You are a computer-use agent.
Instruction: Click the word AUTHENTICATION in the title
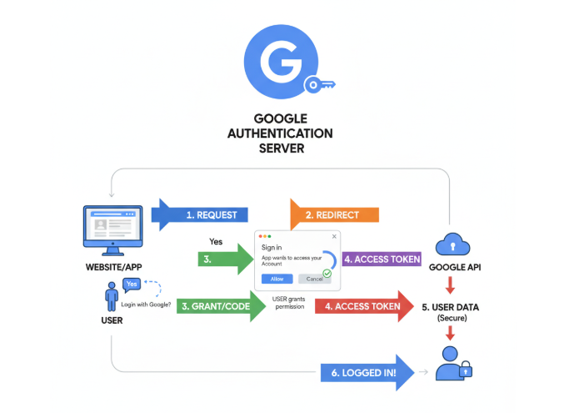point(282,133)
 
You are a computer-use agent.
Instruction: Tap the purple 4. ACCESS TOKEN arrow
point(380,259)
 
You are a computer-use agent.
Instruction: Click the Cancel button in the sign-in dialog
point(314,278)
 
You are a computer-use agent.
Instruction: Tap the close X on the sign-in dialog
point(334,236)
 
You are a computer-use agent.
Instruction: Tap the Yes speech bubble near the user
point(132,285)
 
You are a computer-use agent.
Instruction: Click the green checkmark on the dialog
point(327,273)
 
